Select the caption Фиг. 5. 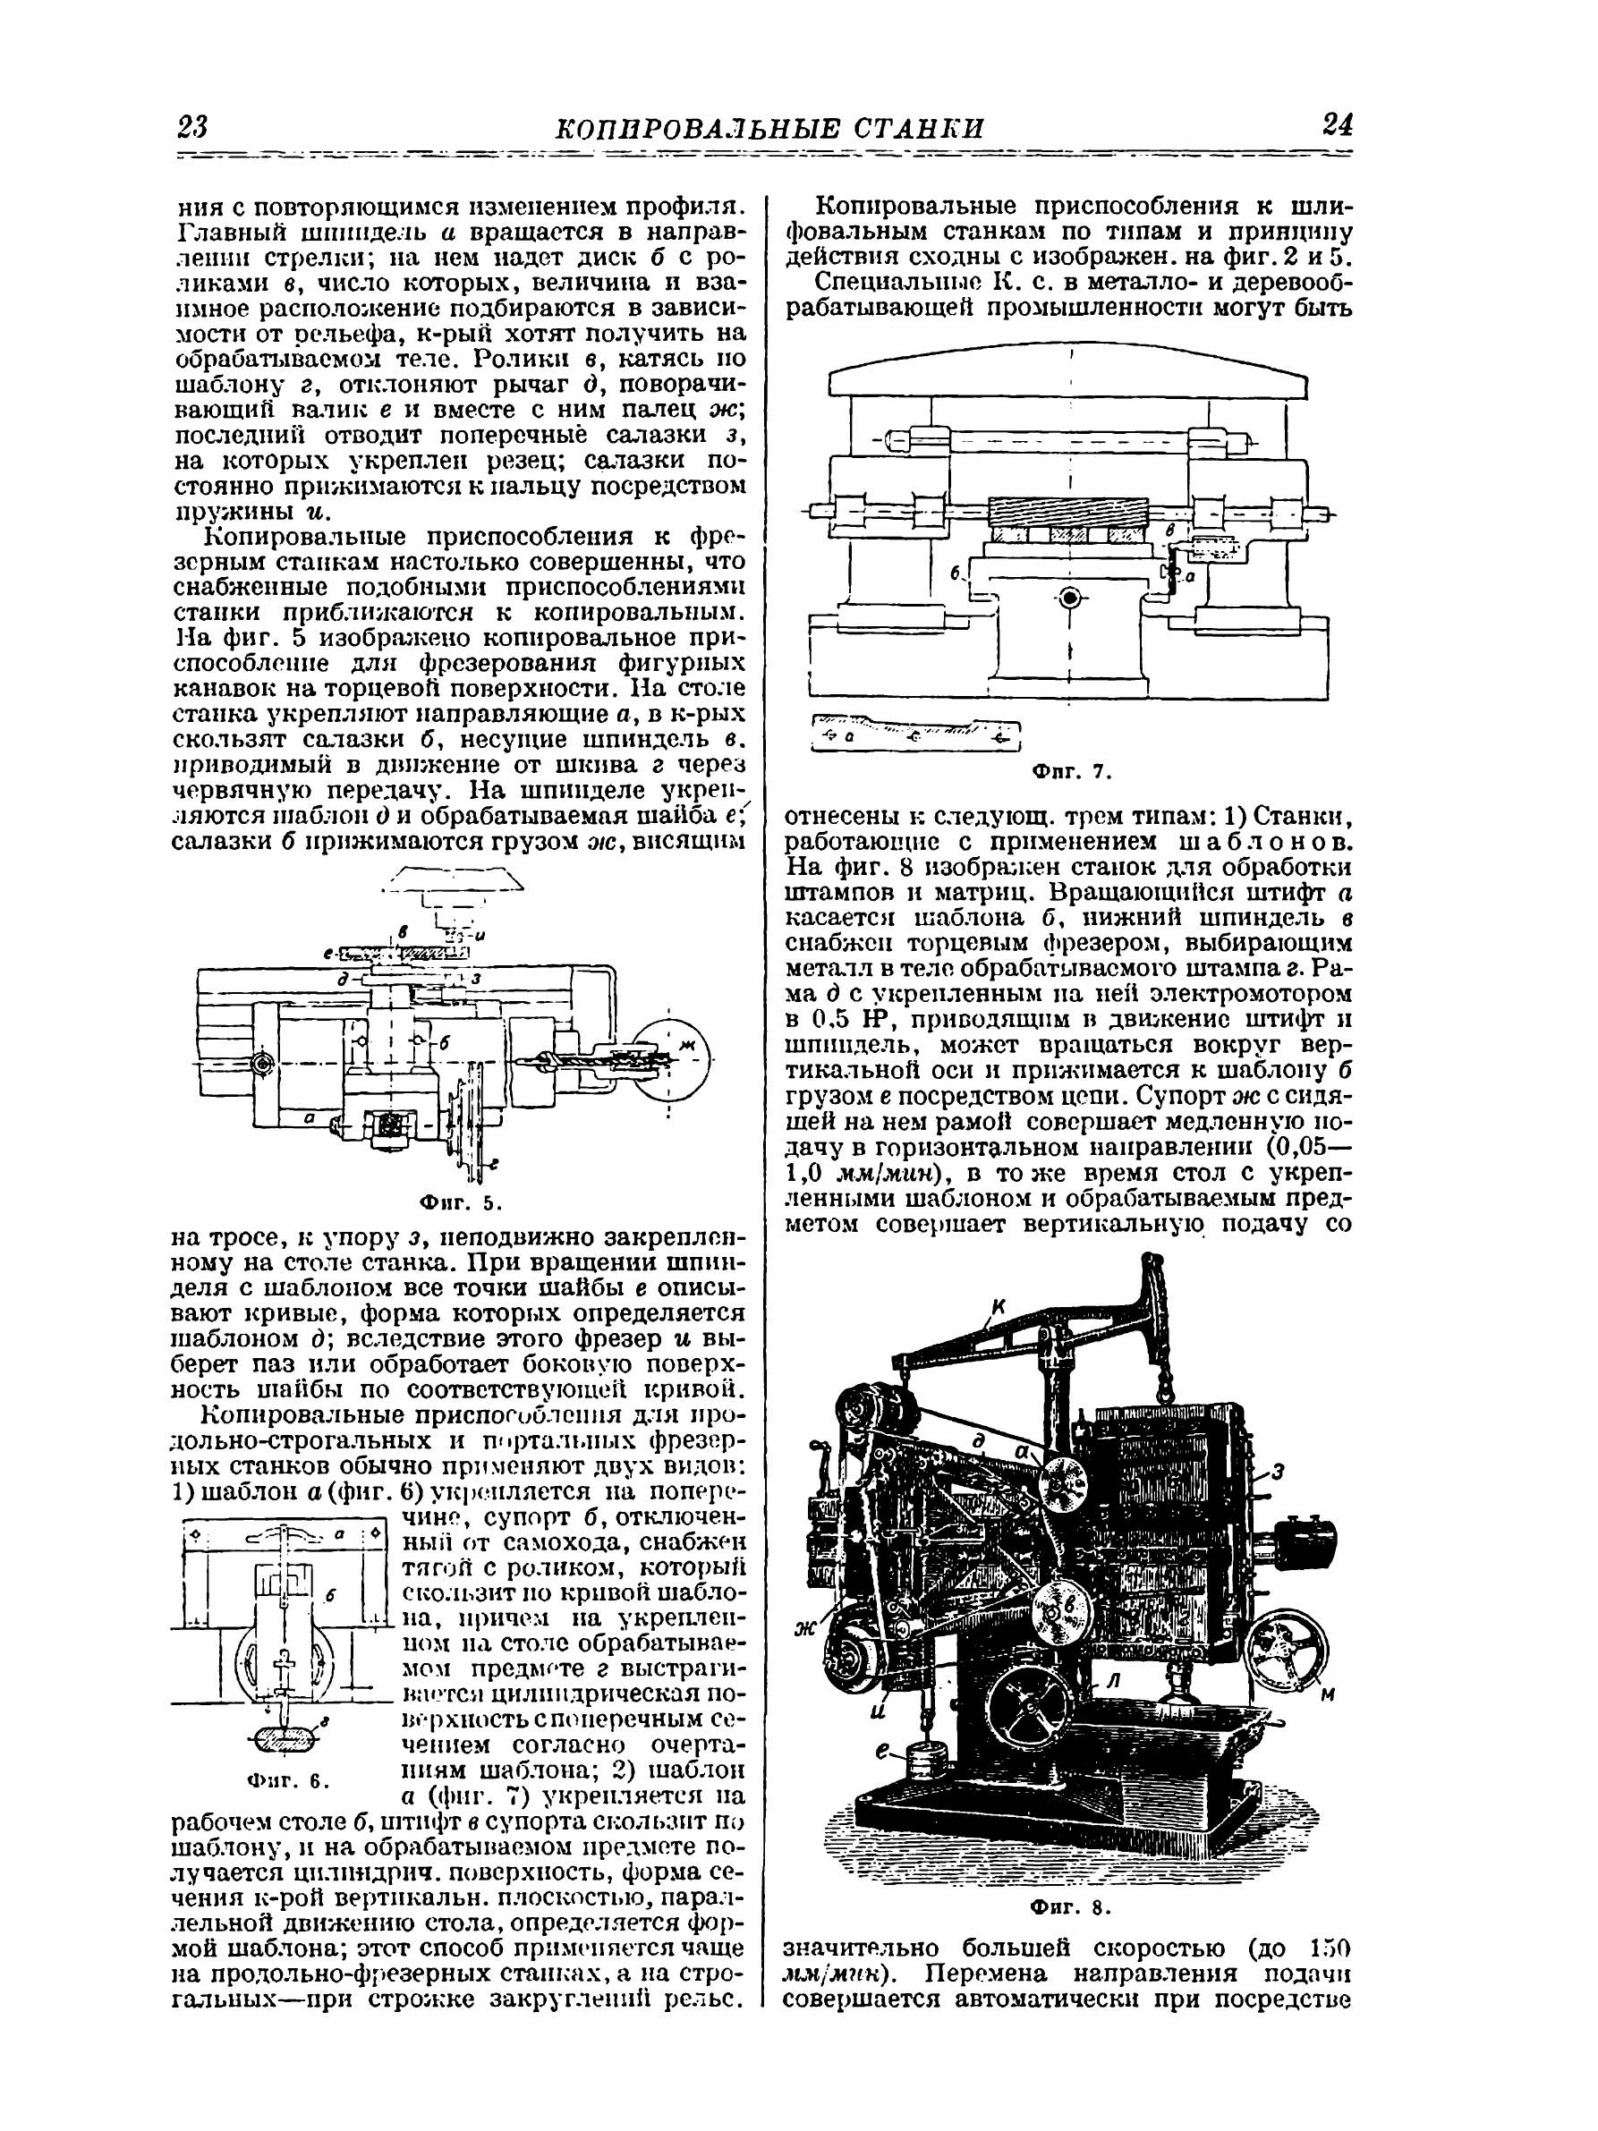pos(462,1202)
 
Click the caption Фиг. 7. pos(1072,772)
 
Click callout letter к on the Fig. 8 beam pos(998,1307)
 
